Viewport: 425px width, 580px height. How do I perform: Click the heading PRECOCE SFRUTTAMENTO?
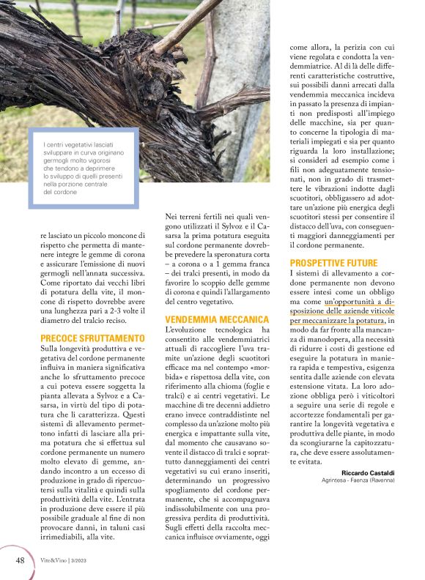coord(92,338)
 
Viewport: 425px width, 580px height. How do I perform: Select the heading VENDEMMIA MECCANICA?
coord(217,320)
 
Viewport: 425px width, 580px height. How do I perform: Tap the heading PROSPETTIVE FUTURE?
coord(333,263)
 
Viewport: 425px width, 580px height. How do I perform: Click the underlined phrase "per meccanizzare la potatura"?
coord(337,320)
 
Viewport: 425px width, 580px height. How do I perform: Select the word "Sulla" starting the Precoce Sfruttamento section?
coord(52,350)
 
